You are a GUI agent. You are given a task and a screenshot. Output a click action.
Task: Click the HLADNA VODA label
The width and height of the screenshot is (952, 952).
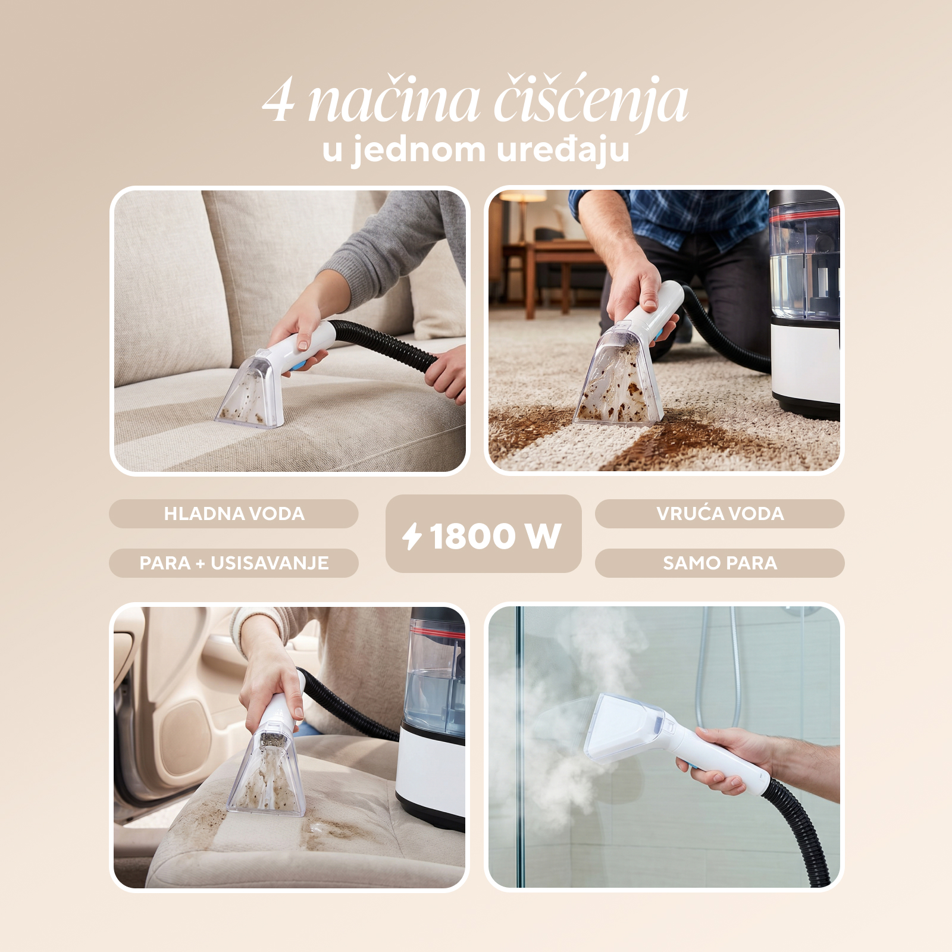234,513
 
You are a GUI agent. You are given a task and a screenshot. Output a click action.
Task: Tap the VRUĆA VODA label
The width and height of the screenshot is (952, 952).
720,513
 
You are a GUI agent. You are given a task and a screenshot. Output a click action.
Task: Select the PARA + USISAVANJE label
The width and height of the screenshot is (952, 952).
234,563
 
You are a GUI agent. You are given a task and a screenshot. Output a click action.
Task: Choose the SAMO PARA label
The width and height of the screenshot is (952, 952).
720,563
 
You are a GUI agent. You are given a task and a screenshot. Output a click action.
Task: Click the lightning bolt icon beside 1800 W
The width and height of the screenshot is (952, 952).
412,536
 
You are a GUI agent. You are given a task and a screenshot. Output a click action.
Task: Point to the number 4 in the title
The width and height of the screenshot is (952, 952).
278,101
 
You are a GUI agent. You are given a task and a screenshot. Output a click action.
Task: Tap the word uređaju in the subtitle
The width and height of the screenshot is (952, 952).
563,150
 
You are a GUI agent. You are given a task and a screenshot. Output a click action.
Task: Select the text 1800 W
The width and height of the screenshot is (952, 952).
495,536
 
